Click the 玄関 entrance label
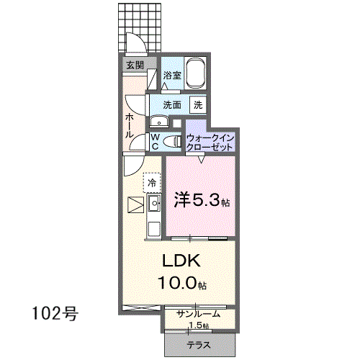click(x=135, y=65)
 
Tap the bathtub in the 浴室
click(x=196, y=73)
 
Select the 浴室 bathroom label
click(x=172, y=76)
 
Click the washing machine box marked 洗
click(x=198, y=104)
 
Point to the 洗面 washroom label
click(x=172, y=105)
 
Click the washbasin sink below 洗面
click(x=159, y=122)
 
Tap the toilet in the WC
click(x=172, y=141)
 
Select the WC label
click(x=156, y=142)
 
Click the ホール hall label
click(x=130, y=125)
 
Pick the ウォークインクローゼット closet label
click(x=210, y=143)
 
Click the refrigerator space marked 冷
click(x=152, y=183)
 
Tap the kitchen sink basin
click(x=154, y=203)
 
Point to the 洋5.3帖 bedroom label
click(x=202, y=200)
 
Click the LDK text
click(x=181, y=261)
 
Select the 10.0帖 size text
click(x=182, y=283)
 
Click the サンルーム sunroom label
click(x=198, y=314)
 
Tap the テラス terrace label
click(x=199, y=345)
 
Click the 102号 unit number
click(x=55, y=313)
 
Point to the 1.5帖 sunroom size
click(x=199, y=325)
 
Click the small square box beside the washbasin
click(x=177, y=123)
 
